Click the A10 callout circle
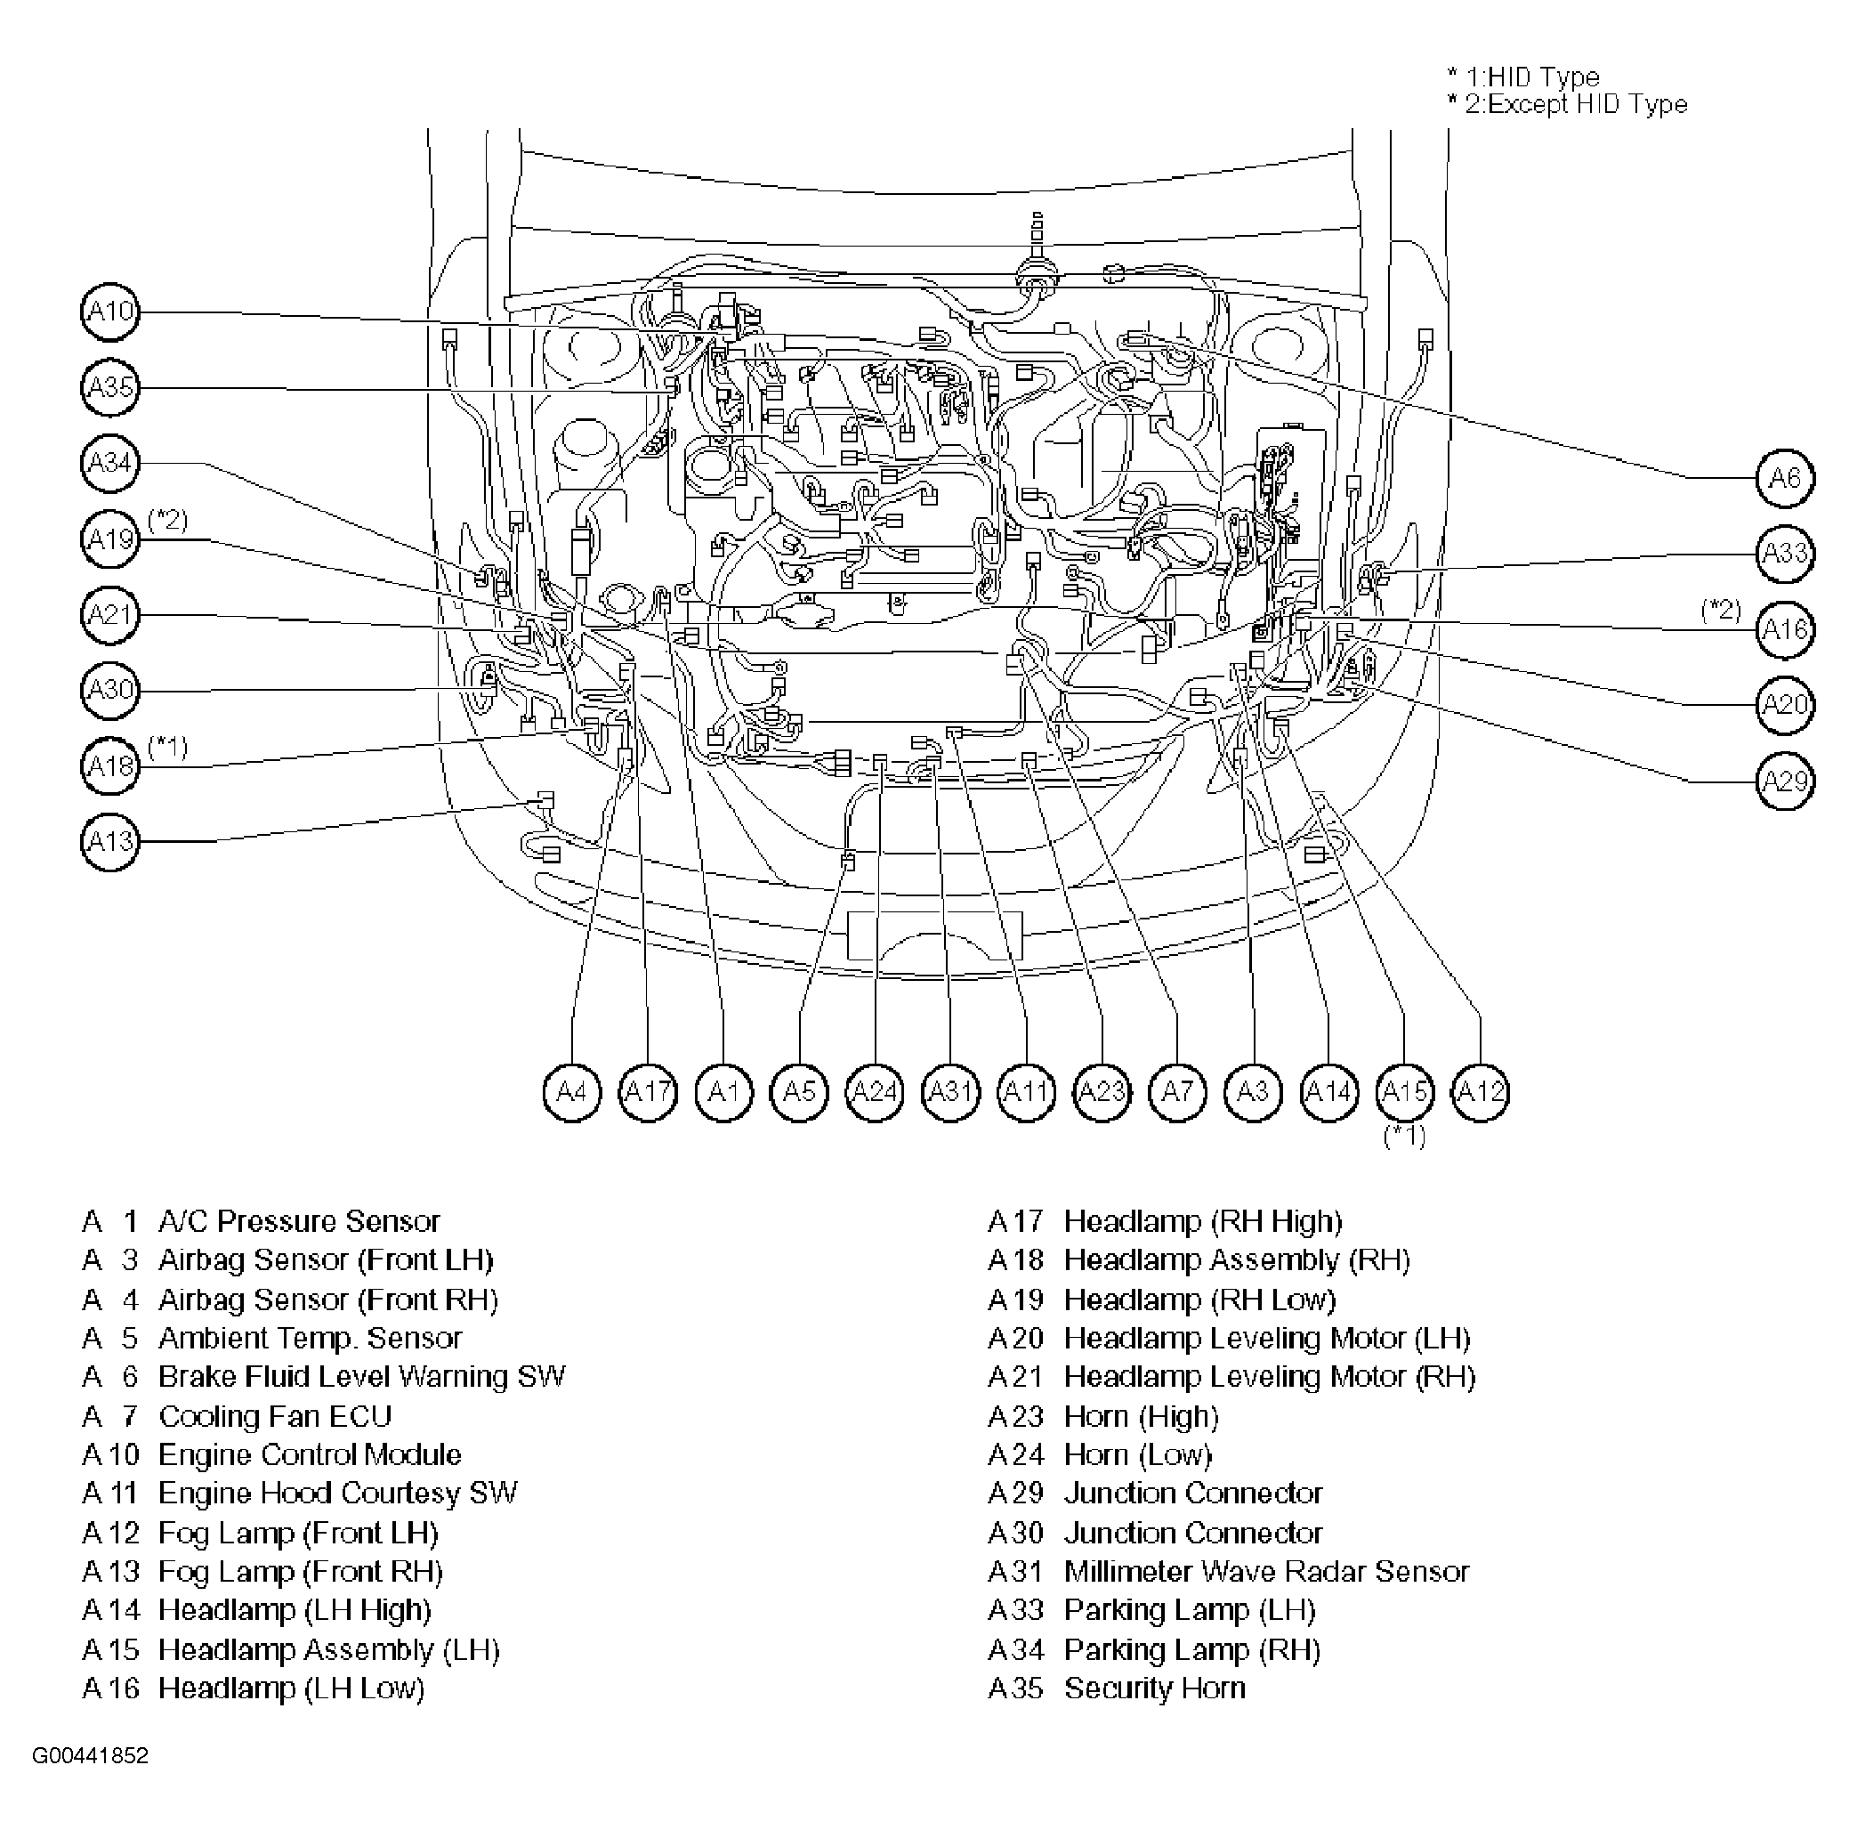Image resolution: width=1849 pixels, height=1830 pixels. [x=110, y=312]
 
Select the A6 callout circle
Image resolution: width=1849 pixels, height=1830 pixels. [x=1785, y=478]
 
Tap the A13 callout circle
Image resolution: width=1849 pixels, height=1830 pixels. [x=110, y=842]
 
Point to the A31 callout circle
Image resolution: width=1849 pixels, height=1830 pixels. [x=950, y=1092]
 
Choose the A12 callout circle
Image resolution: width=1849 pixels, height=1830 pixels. [x=1481, y=1092]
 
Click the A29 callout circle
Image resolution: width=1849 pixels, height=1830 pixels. [x=1785, y=782]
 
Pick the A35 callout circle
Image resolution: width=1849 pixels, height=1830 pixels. [x=110, y=388]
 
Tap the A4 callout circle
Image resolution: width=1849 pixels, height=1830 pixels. [x=571, y=1092]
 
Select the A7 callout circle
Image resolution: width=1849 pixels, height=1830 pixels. [x=1177, y=1092]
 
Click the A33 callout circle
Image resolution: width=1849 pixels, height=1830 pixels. [x=1785, y=554]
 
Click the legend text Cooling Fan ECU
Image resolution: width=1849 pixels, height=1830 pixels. [x=275, y=1416]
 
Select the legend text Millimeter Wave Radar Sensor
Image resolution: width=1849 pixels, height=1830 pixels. [x=1265, y=1572]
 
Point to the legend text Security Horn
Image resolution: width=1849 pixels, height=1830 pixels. [x=1154, y=1688]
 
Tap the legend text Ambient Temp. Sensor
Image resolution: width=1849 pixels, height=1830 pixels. [x=309, y=1338]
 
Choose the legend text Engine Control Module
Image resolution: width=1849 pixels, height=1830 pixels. [x=309, y=1454]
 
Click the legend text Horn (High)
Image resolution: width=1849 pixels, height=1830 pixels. [x=1141, y=1416]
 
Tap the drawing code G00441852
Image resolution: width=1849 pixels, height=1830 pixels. [x=91, y=1756]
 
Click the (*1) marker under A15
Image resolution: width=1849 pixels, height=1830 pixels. [x=1404, y=1136]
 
